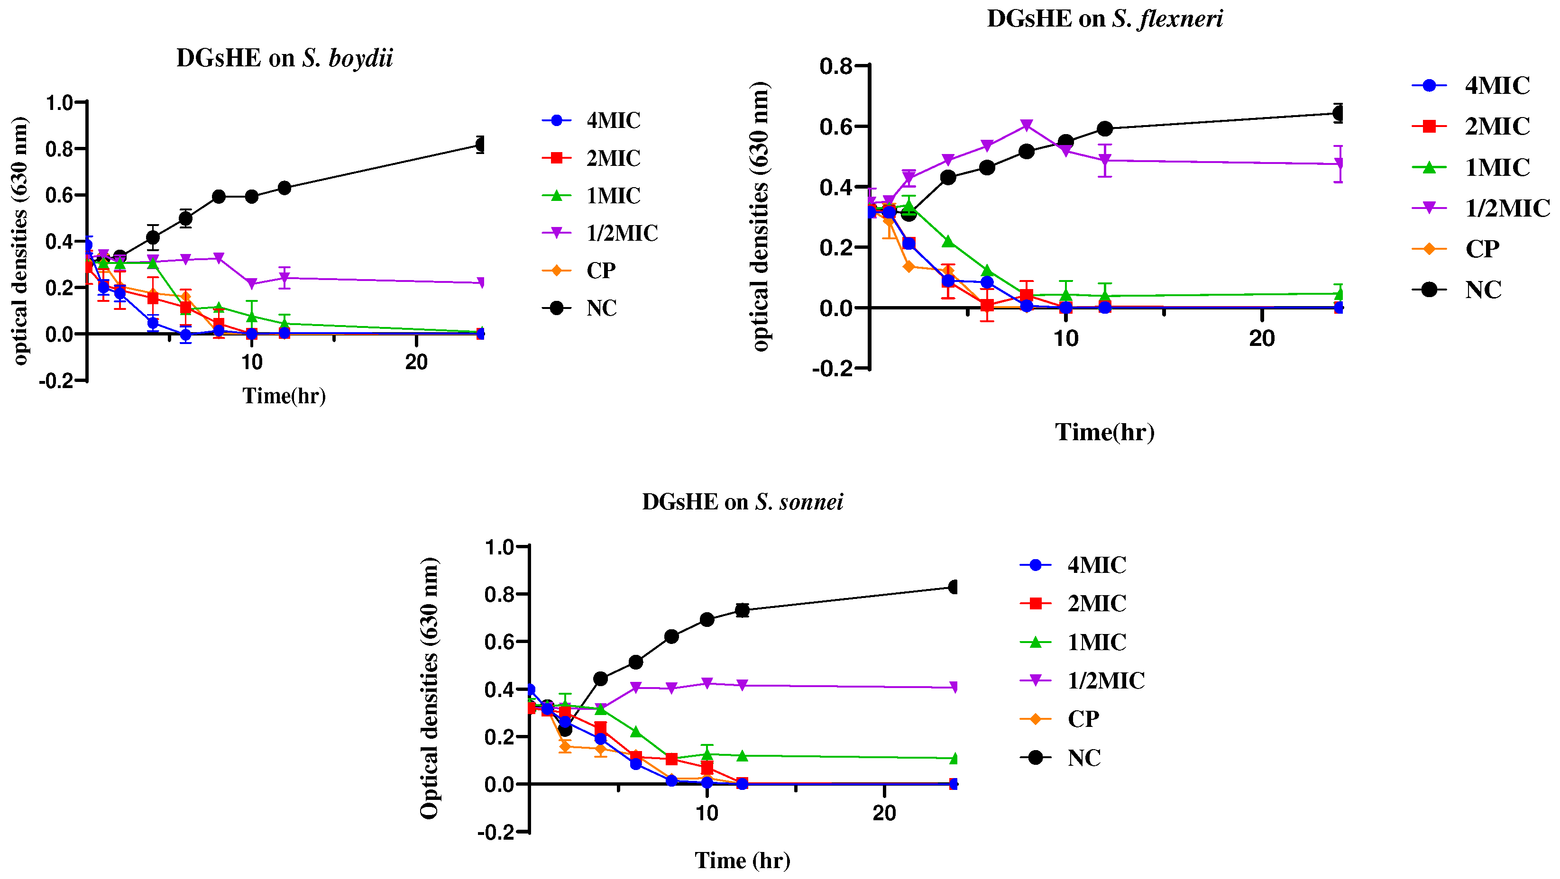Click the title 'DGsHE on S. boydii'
(x=284, y=59)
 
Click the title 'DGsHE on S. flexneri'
(x=1105, y=19)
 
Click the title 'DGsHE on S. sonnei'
(x=743, y=502)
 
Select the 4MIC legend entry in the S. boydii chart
(x=591, y=120)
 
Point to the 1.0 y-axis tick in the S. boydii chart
(x=59, y=103)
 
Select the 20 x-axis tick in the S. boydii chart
(x=416, y=362)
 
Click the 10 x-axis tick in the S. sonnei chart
(x=707, y=813)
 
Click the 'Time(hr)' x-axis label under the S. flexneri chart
(x=1105, y=432)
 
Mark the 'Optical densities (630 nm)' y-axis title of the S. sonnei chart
(x=429, y=689)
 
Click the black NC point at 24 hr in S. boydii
(x=481, y=145)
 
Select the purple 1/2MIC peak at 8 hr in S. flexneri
(x=1026, y=125)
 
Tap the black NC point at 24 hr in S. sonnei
(x=954, y=587)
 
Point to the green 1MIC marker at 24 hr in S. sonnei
(x=954, y=758)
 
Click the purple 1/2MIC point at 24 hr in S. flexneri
(x=1339, y=164)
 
